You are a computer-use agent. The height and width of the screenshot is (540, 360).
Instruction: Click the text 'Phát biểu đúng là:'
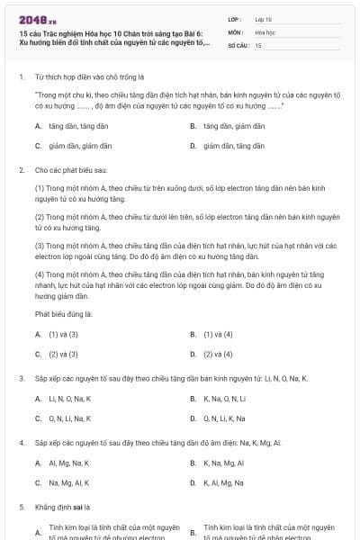[x=64, y=314]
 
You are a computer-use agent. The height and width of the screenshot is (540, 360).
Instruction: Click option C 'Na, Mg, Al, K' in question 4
[x=68, y=482]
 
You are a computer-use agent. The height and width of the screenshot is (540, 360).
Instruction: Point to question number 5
[x=21, y=508]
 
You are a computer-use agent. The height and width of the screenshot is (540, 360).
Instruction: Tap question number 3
[x=21, y=379]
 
